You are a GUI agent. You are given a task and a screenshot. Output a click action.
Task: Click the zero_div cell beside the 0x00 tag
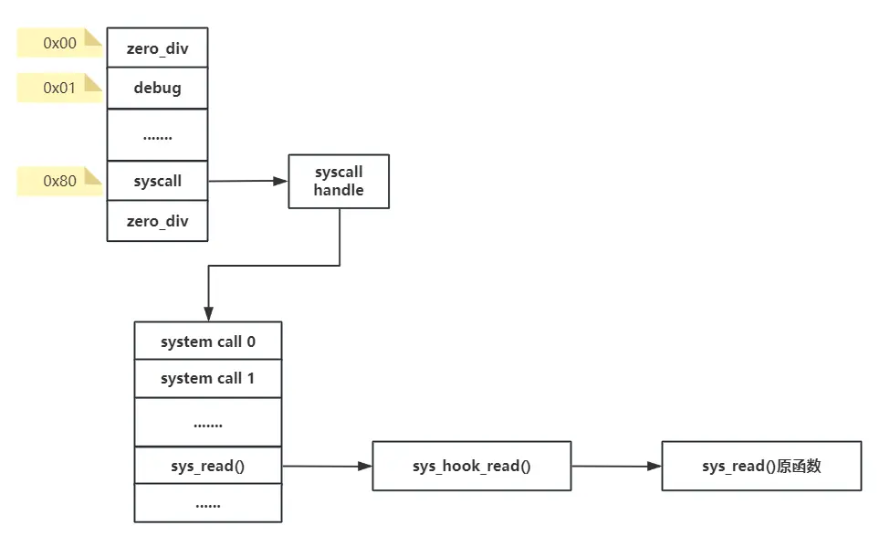click(x=157, y=47)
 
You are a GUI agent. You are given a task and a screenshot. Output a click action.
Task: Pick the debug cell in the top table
click(x=157, y=89)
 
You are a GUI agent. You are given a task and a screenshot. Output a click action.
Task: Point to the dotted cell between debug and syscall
click(x=157, y=135)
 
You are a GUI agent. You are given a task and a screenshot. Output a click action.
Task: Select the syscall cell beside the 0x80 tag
click(x=157, y=181)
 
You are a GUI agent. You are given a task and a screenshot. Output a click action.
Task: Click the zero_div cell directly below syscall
click(x=157, y=221)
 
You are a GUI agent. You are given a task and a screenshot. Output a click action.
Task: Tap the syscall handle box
click(x=339, y=181)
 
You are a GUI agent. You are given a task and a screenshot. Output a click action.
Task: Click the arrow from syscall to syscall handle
click(x=247, y=181)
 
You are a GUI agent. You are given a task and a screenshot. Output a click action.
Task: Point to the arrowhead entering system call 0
click(x=209, y=314)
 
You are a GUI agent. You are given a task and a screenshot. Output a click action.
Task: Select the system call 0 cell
click(x=208, y=342)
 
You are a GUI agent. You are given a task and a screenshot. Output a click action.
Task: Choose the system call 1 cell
click(x=208, y=378)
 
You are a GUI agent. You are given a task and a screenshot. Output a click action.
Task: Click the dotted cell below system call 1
click(x=208, y=423)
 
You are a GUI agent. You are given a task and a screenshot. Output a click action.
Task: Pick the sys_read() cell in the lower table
click(x=208, y=466)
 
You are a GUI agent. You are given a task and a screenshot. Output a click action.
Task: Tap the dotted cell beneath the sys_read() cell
click(x=208, y=503)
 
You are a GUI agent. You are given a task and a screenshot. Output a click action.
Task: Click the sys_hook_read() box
click(x=471, y=466)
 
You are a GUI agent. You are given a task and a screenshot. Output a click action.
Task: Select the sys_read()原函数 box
click(x=761, y=466)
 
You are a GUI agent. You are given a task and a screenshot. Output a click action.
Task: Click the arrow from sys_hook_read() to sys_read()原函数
click(x=616, y=466)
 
